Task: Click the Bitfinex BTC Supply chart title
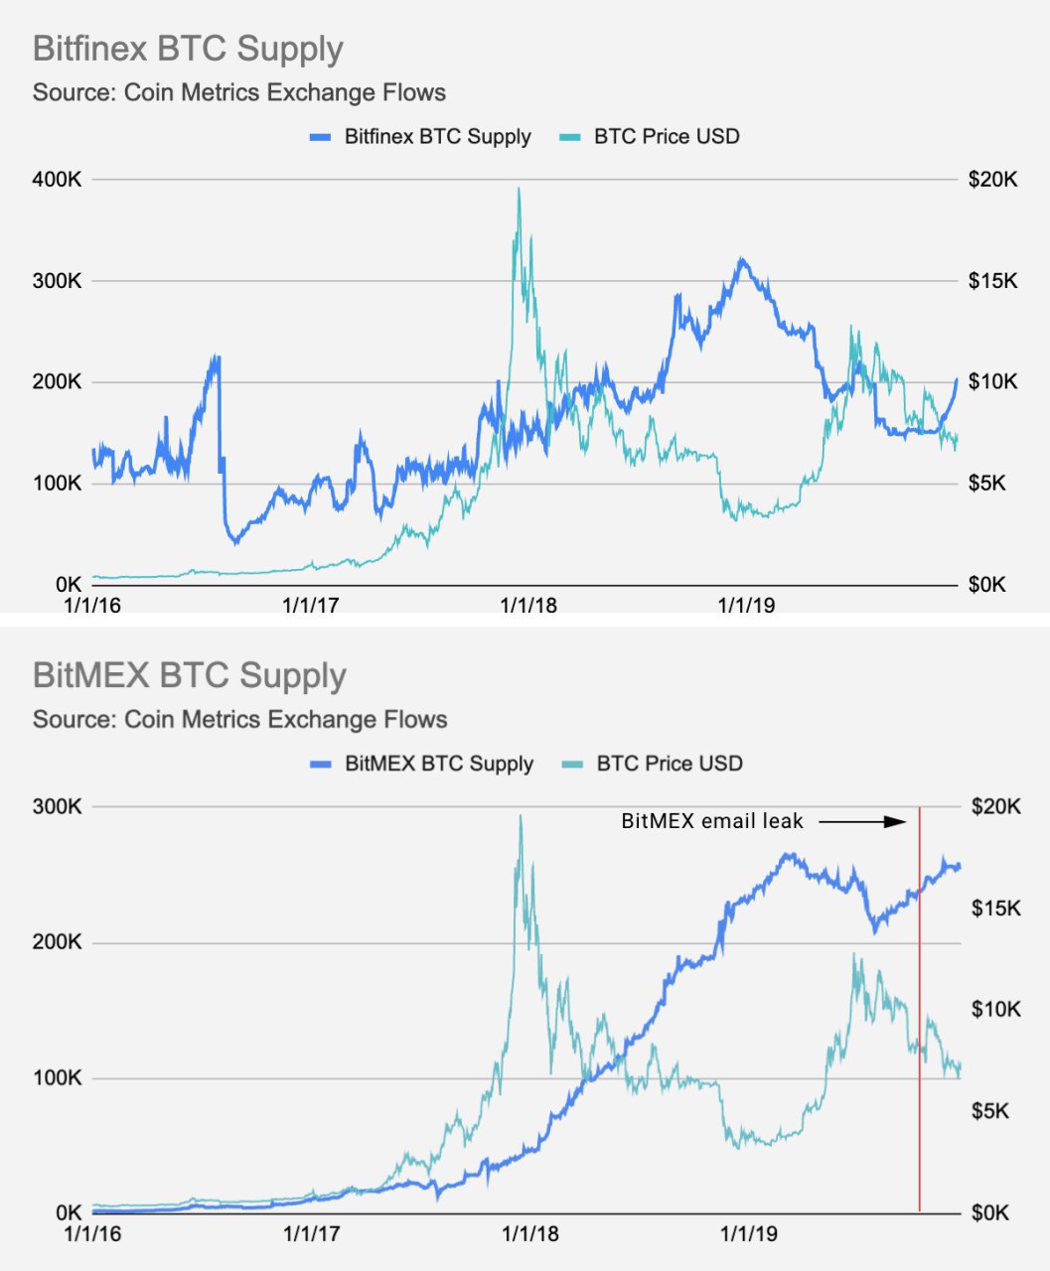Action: [188, 49]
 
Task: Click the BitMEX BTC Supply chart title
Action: [190, 675]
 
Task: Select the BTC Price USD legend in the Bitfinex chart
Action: [667, 136]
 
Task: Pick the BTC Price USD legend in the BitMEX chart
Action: [669, 764]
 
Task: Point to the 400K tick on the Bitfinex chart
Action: [57, 180]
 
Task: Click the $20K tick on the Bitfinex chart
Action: [992, 180]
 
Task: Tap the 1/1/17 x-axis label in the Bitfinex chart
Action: [311, 605]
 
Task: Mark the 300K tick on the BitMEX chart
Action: [57, 806]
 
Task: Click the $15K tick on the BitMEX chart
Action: [994, 909]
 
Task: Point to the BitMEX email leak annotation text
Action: [712, 821]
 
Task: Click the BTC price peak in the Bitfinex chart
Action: [519, 191]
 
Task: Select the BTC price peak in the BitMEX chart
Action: [521, 817]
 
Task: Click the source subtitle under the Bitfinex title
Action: [239, 93]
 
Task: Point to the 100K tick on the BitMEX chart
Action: [57, 1077]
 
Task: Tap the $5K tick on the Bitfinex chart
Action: [992, 484]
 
